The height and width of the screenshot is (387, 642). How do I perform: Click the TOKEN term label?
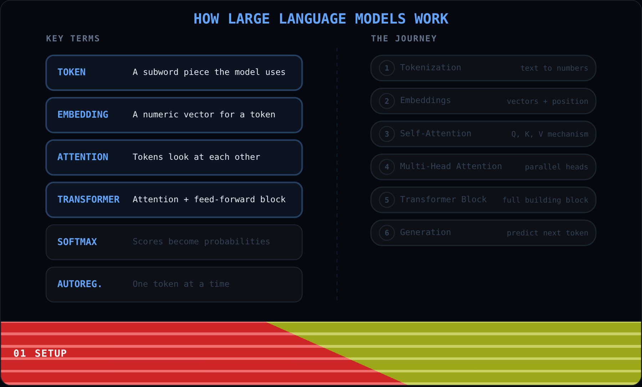coord(71,72)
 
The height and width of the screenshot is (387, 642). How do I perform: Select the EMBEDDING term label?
coord(83,114)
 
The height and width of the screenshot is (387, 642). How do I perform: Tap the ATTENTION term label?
coord(83,157)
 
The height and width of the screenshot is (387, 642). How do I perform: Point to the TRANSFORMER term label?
coord(88,199)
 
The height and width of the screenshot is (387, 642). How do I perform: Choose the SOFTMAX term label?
coord(77,242)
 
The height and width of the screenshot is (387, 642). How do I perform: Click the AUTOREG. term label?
coord(80,284)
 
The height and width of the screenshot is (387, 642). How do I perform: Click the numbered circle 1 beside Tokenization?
coord(387,68)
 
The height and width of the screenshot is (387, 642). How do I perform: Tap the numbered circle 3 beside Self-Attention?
coord(387,134)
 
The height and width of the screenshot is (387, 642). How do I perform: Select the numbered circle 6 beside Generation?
coord(387,233)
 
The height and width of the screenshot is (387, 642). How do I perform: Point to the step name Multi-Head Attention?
coord(451,166)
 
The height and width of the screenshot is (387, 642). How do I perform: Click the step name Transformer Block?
coord(443,199)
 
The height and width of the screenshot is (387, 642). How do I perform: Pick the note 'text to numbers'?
coord(554,68)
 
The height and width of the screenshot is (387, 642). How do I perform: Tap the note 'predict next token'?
coord(547,233)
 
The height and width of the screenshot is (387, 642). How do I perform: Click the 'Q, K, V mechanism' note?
coord(550,134)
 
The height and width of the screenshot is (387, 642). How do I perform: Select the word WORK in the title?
coord(431,19)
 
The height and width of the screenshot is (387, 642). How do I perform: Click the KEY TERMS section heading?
coord(73,39)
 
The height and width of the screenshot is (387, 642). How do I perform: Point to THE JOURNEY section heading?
coord(404,39)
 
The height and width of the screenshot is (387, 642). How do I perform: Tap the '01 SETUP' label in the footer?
coord(40,353)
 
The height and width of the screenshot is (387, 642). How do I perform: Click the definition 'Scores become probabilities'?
coord(201,241)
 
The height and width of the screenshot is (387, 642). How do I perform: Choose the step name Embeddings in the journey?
coord(425,100)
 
